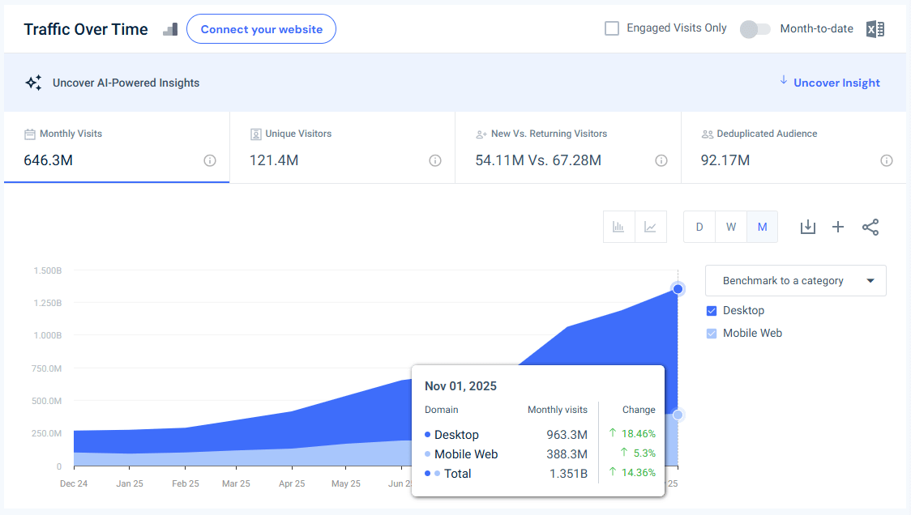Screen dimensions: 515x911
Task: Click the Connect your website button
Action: (x=261, y=29)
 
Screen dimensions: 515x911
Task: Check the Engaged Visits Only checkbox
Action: (x=612, y=28)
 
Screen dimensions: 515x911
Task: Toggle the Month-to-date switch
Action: (x=755, y=29)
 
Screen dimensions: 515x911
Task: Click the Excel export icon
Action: (x=875, y=29)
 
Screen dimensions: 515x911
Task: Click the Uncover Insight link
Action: (x=836, y=83)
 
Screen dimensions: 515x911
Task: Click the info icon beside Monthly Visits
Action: (x=210, y=160)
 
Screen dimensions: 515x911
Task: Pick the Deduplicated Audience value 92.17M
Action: (x=725, y=160)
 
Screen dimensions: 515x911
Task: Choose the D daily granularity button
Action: (x=699, y=227)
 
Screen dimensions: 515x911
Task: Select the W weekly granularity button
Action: (x=731, y=227)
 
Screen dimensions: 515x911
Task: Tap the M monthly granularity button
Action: (x=762, y=227)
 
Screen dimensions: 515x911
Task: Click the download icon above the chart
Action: (x=807, y=228)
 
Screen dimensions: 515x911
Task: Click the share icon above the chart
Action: (x=870, y=228)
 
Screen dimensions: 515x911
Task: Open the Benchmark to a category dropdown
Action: (x=795, y=281)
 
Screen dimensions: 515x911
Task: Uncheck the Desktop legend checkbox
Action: (x=712, y=311)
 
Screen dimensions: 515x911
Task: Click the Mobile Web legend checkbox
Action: (x=712, y=334)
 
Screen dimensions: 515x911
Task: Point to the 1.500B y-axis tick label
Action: (x=47, y=270)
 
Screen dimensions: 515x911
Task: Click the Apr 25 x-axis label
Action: (x=292, y=483)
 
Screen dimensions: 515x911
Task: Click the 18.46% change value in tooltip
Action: (x=637, y=434)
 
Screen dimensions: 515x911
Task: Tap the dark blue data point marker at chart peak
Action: (x=678, y=289)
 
